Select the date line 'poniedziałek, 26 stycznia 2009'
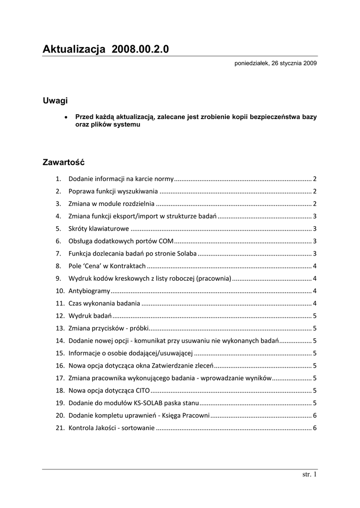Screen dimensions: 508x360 [x=276, y=64]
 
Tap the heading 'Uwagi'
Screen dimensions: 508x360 [x=55, y=101]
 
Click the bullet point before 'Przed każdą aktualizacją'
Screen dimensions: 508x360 [x=67, y=117]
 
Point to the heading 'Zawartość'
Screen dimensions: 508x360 [x=64, y=162]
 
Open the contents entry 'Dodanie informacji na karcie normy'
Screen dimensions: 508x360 [x=121, y=179]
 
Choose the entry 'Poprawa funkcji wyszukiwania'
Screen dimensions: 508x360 [x=113, y=191]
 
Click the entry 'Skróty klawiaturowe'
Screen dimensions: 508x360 [x=99, y=229]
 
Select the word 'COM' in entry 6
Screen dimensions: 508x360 [x=166, y=241]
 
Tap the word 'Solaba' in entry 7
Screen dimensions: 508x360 [x=187, y=254]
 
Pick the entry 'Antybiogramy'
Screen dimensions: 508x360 [x=89, y=291]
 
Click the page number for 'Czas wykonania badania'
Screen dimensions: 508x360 [x=315, y=303]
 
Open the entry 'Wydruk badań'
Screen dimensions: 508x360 [x=90, y=316]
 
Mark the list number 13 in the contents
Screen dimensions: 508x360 [x=60, y=328]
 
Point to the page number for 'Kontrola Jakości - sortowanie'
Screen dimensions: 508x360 [x=315, y=428]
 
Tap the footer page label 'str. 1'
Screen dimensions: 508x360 [x=309, y=475]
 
